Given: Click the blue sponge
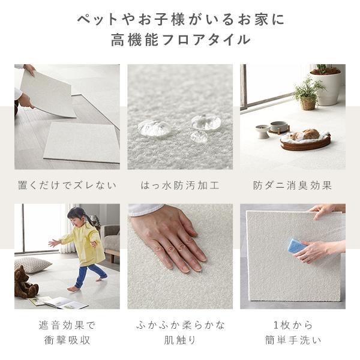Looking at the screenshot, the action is [297, 246].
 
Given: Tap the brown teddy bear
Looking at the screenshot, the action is [25, 282].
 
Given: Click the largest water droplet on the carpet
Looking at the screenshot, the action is [154, 128].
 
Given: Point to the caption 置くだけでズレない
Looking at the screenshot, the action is [67, 185].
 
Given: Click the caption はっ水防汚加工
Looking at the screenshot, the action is [180, 185].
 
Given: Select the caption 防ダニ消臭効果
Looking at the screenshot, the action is [293, 185].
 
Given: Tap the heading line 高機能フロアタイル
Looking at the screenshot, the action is [181, 40].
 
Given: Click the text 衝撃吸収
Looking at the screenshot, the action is [67, 340].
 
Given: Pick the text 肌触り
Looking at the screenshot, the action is [180, 340].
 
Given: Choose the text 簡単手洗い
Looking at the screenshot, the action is [293, 340].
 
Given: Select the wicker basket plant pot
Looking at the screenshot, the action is [308, 103].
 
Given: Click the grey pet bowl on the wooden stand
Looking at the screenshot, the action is [279, 127].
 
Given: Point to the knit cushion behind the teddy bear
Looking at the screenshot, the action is [32, 265].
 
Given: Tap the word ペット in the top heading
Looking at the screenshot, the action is [97, 19].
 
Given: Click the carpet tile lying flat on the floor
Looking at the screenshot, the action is [82, 142].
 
